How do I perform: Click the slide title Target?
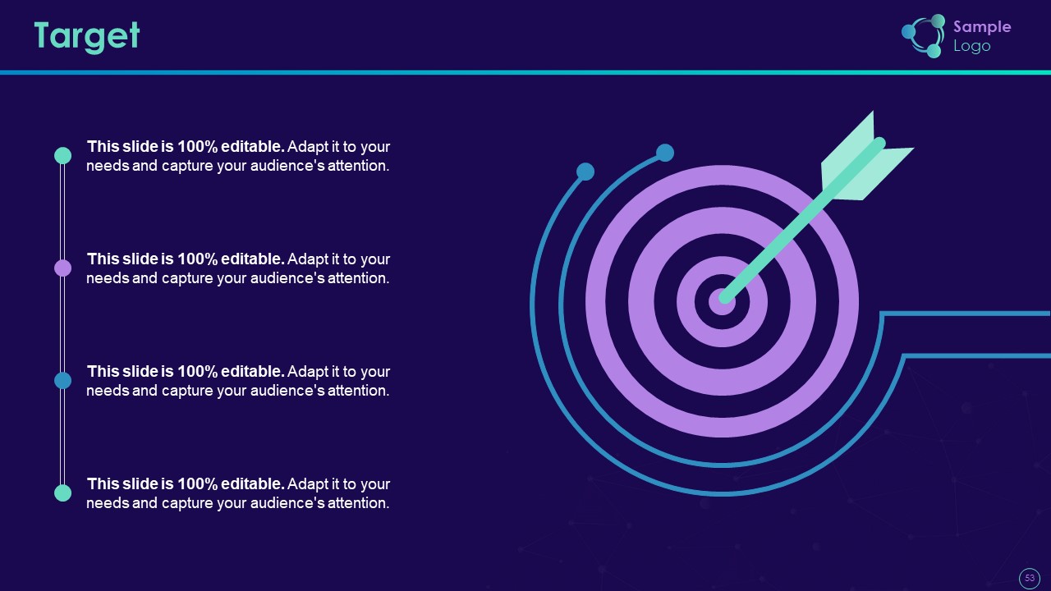click(x=87, y=37)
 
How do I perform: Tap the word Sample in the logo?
click(x=982, y=27)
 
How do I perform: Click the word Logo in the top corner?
click(x=971, y=46)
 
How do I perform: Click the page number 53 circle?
click(x=1030, y=578)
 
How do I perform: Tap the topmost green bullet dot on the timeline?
click(x=63, y=156)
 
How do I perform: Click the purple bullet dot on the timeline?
click(x=63, y=268)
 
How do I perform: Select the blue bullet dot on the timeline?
click(x=63, y=380)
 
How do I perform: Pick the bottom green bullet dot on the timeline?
click(x=63, y=493)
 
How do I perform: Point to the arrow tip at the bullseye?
click(x=724, y=298)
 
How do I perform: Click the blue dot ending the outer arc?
click(x=585, y=172)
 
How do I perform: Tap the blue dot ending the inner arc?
click(x=665, y=153)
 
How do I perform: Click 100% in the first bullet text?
click(x=198, y=147)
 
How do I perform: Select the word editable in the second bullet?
click(x=253, y=259)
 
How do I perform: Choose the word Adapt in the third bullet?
click(x=308, y=372)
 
